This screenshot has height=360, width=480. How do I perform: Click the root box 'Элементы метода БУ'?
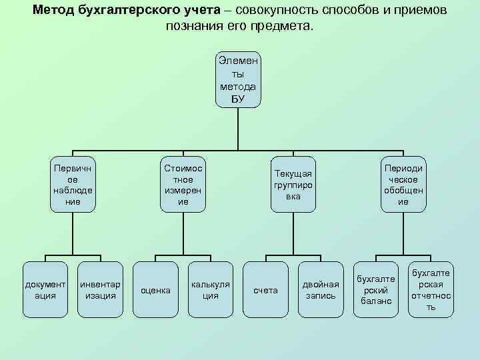click(x=238, y=79)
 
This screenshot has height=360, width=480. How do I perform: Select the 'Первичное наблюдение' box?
click(x=73, y=185)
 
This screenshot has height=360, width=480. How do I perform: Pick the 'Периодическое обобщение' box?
click(x=403, y=185)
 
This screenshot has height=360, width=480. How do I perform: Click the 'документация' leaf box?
click(x=45, y=290)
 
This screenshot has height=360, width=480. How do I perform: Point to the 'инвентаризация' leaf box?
click(x=100, y=290)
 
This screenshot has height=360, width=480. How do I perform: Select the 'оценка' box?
click(x=155, y=290)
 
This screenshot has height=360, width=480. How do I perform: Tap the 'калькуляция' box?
click(x=211, y=290)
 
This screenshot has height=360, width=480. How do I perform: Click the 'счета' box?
click(x=265, y=290)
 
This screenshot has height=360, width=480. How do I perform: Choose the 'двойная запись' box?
click(x=321, y=290)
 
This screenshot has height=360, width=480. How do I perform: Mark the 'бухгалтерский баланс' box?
click(x=377, y=290)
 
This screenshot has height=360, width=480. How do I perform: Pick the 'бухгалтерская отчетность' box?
click(x=431, y=290)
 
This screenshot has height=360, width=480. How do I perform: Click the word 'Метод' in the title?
click(x=53, y=11)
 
